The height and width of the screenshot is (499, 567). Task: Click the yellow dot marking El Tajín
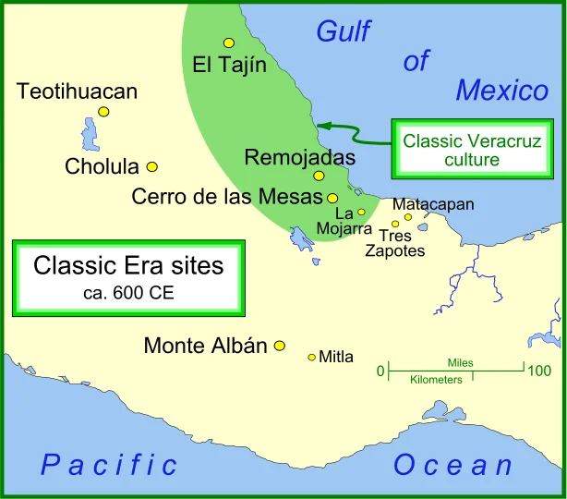pyautogui.click(x=228, y=43)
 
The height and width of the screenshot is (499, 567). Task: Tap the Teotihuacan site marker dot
pyautogui.click(x=103, y=112)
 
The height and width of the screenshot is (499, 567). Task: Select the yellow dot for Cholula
pyautogui.click(x=152, y=167)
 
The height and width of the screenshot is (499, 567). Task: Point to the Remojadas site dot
pyautogui.click(x=319, y=176)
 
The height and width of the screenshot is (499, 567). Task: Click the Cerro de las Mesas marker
pyautogui.click(x=332, y=198)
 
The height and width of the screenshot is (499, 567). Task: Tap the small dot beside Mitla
pyautogui.click(x=311, y=358)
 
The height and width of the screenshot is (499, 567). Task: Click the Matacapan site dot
pyautogui.click(x=408, y=217)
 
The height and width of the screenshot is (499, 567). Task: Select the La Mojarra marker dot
pyautogui.click(x=362, y=213)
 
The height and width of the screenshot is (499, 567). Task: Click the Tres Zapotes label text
pyautogui.click(x=395, y=243)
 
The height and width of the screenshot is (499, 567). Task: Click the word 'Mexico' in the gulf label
pyautogui.click(x=501, y=91)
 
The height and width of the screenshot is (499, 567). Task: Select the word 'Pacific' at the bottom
pyautogui.click(x=109, y=465)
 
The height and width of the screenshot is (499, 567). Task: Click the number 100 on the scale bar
pyautogui.click(x=538, y=371)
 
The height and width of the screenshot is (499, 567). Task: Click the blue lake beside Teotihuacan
pyautogui.click(x=90, y=135)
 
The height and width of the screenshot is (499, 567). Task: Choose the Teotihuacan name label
pyautogui.click(x=77, y=91)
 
